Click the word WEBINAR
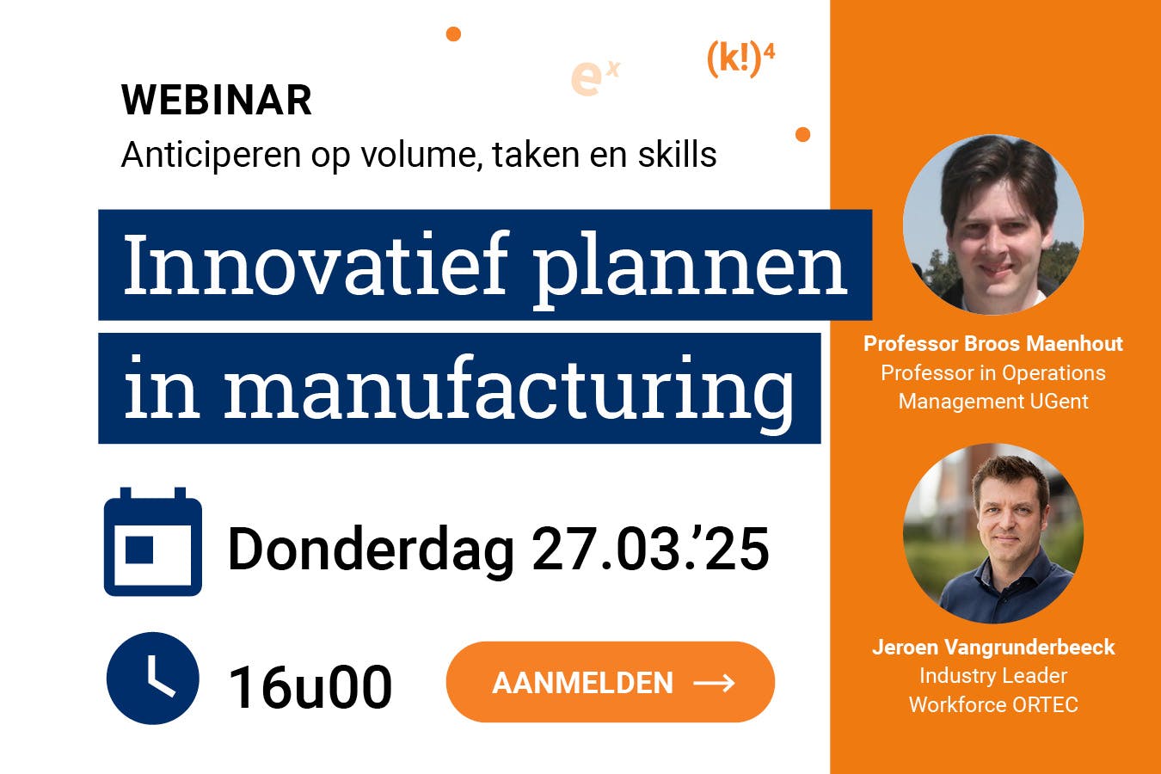(x=216, y=100)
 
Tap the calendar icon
(x=153, y=541)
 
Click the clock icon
(x=153, y=678)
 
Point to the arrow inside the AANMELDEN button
(x=714, y=683)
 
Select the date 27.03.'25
(x=650, y=549)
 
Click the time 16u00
(x=310, y=687)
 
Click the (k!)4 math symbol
(x=740, y=59)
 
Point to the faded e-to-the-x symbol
(x=595, y=77)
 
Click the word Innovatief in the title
(x=316, y=265)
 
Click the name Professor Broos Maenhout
(x=993, y=343)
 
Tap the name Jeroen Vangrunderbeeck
(x=993, y=647)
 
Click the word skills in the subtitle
(x=677, y=155)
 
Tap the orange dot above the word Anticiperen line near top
(x=453, y=34)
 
